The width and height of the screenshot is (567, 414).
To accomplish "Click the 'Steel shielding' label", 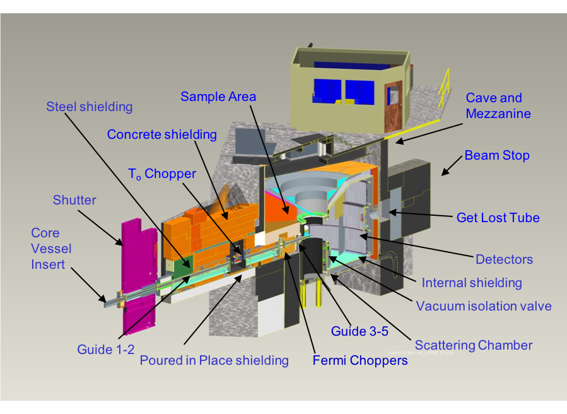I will pyautogui.click(x=89, y=107).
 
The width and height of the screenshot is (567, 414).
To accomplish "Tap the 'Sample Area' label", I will pyautogui.click(x=218, y=97).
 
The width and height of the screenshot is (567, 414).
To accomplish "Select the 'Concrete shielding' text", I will pyautogui.click(x=161, y=134).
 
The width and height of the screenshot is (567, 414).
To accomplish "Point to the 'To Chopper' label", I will pyautogui.click(x=161, y=174).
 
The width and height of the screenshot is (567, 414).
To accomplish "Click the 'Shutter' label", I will pyautogui.click(x=74, y=200).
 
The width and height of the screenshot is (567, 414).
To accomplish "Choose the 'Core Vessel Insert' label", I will pyautogui.click(x=51, y=249).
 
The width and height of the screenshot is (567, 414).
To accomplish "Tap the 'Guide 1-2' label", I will pyautogui.click(x=105, y=349).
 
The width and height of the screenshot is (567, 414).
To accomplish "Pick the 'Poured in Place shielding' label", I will pyautogui.click(x=214, y=360).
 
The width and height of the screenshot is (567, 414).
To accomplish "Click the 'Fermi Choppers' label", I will pyautogui.click(x=360, y=361).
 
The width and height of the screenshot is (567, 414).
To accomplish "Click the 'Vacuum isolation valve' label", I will pyautogui.click(x=484, y=306).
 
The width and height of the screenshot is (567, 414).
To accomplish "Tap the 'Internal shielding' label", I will pyautogui.click(x=472, y=282).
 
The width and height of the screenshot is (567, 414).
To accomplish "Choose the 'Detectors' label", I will pyautogui.click(x=504, y=259).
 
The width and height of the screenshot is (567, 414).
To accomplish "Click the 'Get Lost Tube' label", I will pyautogui.click(x=498, y=218).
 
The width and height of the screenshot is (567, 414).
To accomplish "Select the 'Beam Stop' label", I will pyautogui.click(x=497, y=155).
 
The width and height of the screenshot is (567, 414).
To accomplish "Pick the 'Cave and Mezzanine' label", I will pyautogui.click(x=498, y=106).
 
